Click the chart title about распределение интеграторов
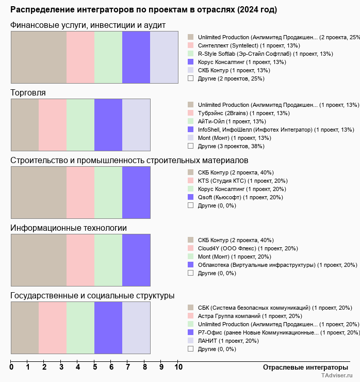[x=143, y=10]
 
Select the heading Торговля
[x=28, y=93]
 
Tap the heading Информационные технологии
[x=69, y=228]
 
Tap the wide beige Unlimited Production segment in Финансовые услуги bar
[x=39, y=57]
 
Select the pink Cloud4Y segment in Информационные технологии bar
[x=80, y=260]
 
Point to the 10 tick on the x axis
[x=178, y=368]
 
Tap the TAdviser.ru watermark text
[x=338, y=376]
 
